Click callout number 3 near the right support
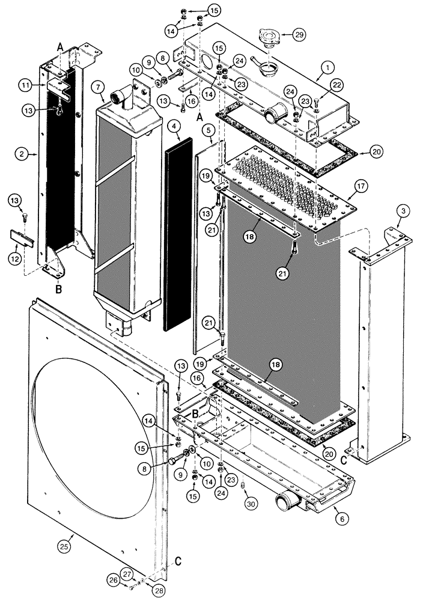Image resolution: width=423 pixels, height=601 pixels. [403, 211]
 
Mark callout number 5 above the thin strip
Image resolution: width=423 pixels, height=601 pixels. [208, 129]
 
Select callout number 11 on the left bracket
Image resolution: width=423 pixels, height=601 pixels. [25, 86]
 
